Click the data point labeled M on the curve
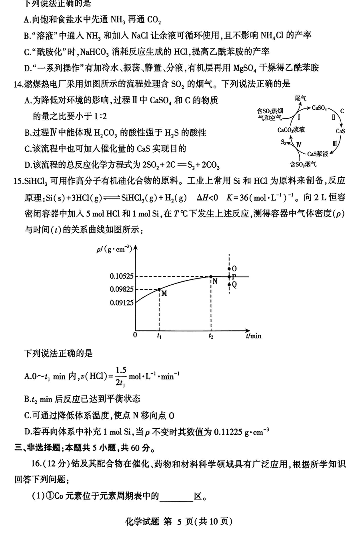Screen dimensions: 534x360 159,289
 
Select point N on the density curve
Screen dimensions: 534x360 211,276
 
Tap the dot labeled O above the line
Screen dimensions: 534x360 229,269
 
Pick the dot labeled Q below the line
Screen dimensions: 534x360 229,284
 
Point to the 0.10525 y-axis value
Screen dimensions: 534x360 122,276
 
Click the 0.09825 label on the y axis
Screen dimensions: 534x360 122,289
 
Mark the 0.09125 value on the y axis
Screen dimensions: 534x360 122,303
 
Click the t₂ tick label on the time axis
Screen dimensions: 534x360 211,336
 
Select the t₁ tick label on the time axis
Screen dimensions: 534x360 159,336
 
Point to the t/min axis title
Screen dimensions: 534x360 254,336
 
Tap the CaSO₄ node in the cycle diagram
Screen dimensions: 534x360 320,108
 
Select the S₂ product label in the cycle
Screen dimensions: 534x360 283,142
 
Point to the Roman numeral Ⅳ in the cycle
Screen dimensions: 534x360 298,145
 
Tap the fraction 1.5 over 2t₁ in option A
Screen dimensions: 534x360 121,376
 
